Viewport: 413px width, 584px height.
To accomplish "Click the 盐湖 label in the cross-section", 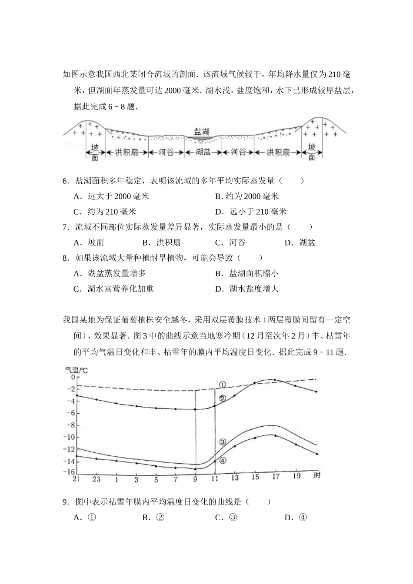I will coord(202,131).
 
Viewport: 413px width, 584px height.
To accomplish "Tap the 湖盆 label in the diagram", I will coord(203,152).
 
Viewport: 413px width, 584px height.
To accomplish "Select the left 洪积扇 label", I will coord(127,152).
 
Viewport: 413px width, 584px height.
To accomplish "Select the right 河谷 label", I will coord(238,152).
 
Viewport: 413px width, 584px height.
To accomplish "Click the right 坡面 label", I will coord(312,152).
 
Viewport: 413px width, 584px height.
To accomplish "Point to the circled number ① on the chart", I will coord(222,385).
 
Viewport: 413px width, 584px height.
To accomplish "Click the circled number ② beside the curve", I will coord(222,398).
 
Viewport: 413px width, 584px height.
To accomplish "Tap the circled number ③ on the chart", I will coord(223,442).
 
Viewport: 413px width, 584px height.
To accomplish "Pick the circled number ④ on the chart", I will coord(223,460).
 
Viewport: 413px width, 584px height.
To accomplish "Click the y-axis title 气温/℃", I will coord(76,370).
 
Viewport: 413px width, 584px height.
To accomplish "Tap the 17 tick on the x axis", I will coord(276,477).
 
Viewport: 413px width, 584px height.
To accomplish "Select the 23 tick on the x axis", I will coord(97,479).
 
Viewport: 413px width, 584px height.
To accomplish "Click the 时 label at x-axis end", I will coord(317,476).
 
